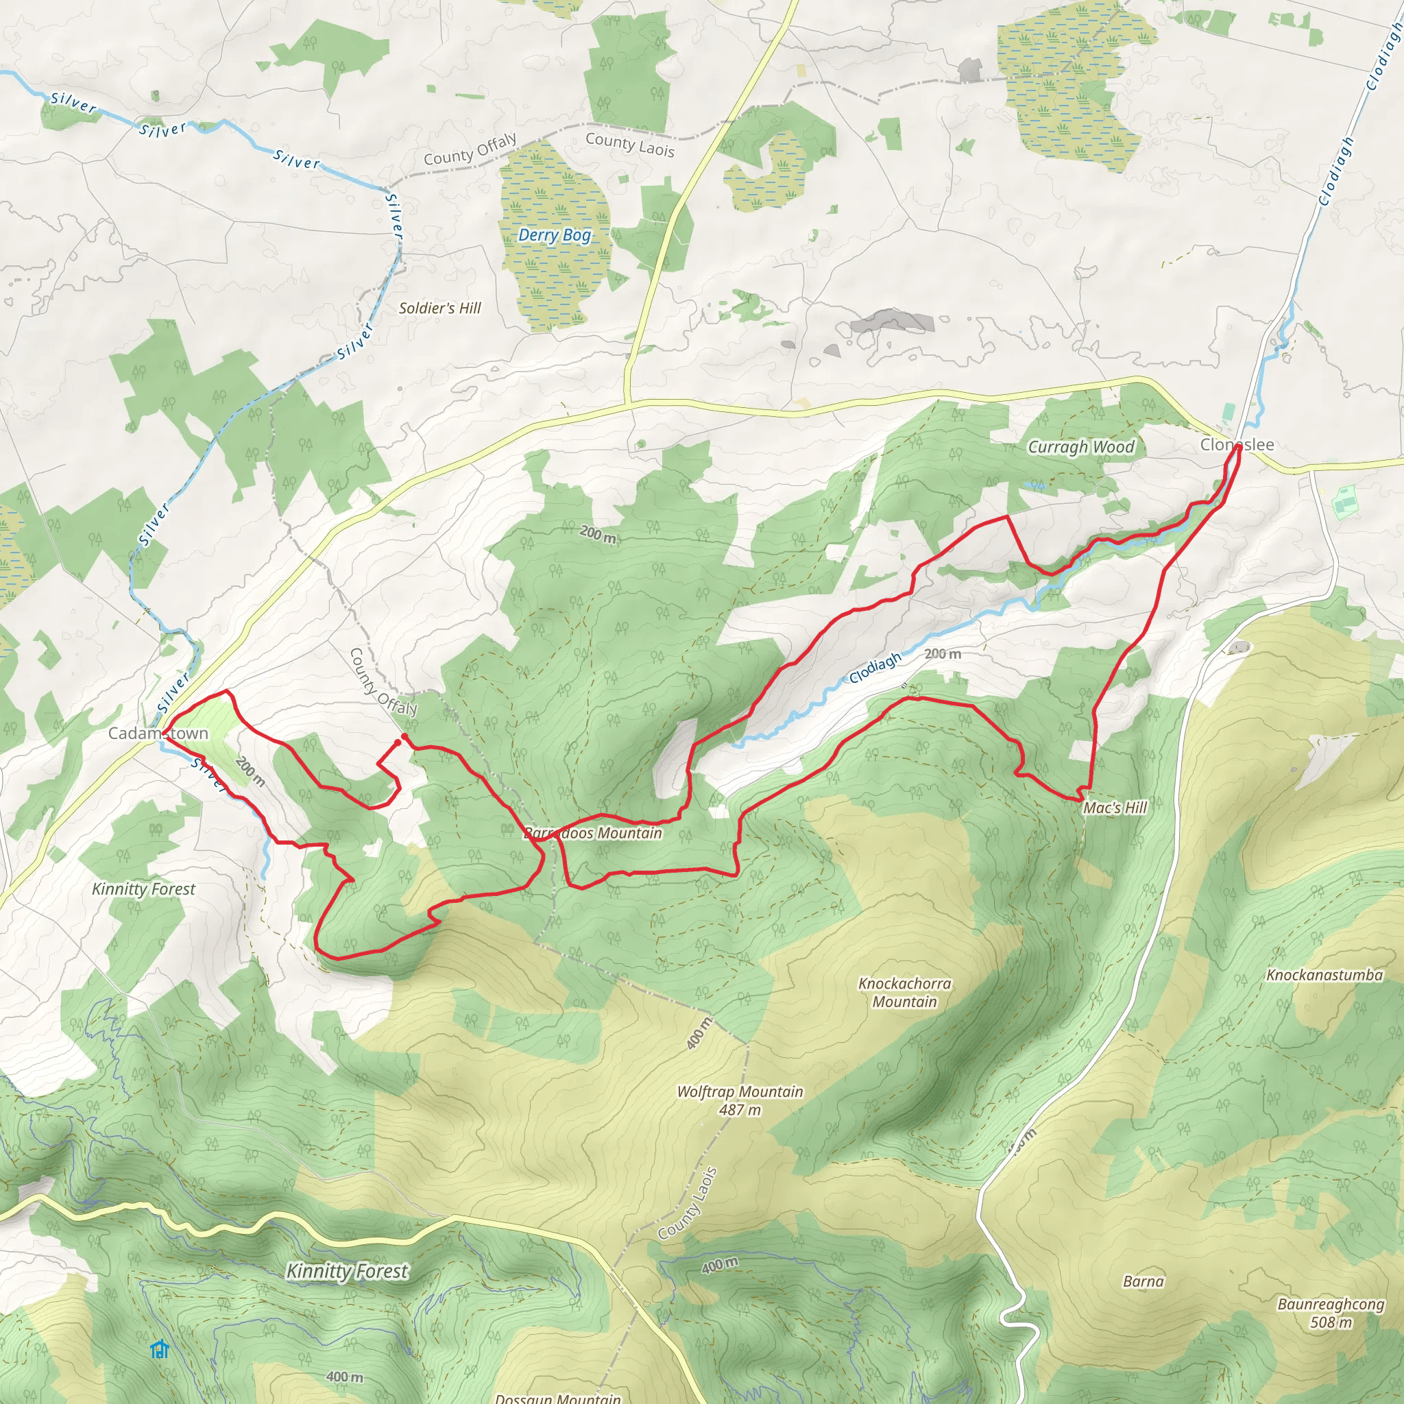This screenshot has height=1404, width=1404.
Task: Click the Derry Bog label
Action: [554, 234]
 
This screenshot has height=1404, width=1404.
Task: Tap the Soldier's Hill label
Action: [439, 308]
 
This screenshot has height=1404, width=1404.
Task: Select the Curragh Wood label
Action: [1080, 447]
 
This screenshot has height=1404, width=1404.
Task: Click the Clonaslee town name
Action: [1237, 445]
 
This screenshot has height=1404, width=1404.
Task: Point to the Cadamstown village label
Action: [158, 734]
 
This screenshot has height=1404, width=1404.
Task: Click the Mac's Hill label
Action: [1114, 808]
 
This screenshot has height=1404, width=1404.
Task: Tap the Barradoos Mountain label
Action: [592, 834]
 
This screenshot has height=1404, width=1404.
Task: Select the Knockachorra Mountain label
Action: [904, 992]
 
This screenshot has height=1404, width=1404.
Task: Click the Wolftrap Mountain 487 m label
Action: [740, 1100]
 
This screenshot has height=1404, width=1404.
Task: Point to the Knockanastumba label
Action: [1324, 976]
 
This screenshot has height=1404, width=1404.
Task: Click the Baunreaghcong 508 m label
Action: [1331, 1312]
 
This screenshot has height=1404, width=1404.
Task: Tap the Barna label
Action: [1143, 1281]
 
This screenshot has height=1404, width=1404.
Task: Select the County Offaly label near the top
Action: [470, 149]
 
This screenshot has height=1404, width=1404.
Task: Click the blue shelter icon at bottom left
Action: [159, 1349]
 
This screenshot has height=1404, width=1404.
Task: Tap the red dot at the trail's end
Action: [404, 738]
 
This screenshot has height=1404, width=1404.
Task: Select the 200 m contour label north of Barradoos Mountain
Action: [597, 535]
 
